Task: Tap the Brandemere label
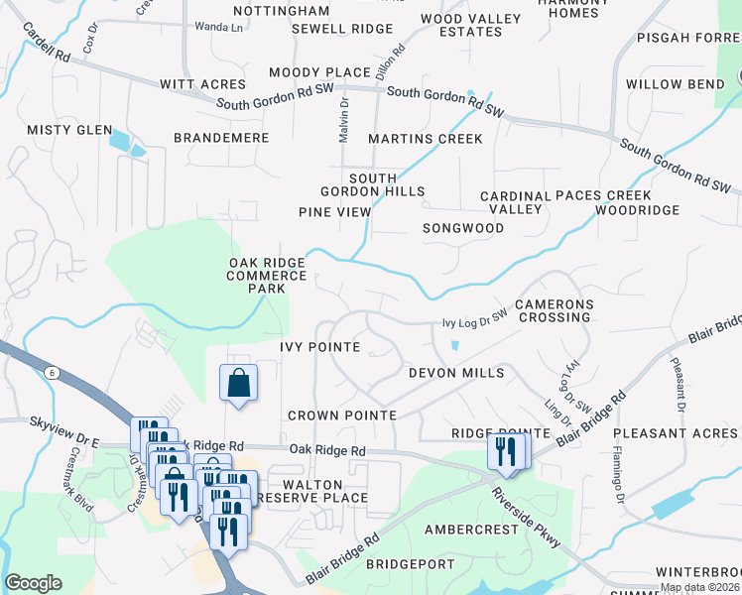[x=221, y=138]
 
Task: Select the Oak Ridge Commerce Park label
[x=267, y=276]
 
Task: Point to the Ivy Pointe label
[x=319, y=347]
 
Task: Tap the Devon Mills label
[x=456, y=373]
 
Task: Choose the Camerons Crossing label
[x=554, y=311]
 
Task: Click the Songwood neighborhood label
[x=463, y=228]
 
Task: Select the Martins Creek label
[x=425, y=139]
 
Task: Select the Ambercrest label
[x=471, y=530]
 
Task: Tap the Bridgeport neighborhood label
[x=410, y=564]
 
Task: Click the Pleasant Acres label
[x=675, y=433]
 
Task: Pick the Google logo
[x=33, y=583]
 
